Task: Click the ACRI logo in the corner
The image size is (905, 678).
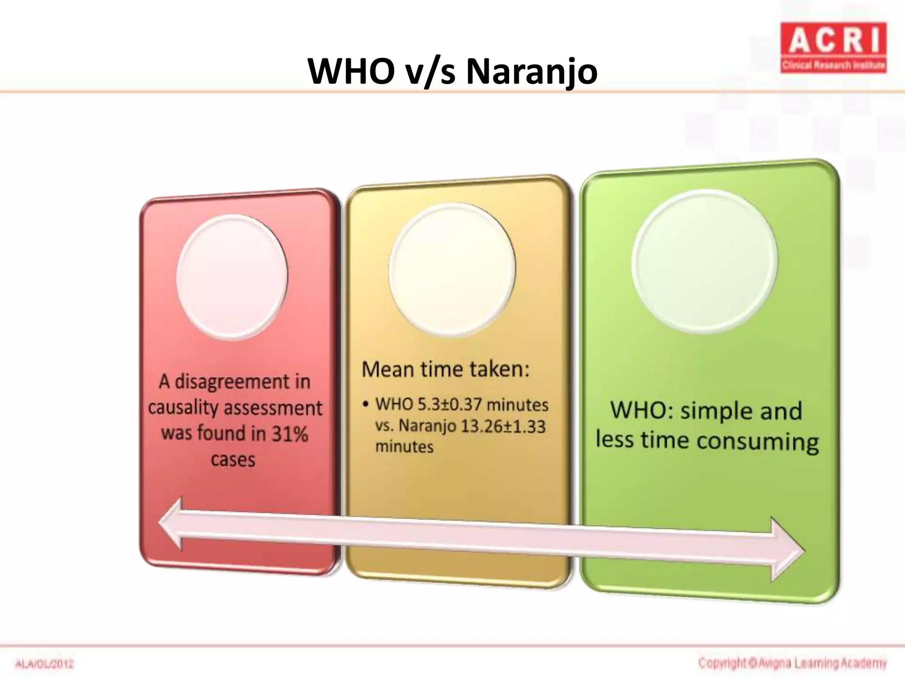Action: (833, 48)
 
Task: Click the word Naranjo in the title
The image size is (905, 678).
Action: (532, 72)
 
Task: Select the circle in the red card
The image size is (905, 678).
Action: (232, 277)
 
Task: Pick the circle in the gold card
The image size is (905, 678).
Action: (452, 268)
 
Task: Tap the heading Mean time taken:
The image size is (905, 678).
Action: (445, 369)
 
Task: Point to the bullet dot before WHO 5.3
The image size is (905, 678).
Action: (365, 404)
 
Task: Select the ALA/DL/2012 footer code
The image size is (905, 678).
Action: (45, 664)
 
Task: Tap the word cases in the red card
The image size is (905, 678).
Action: (233, 460)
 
